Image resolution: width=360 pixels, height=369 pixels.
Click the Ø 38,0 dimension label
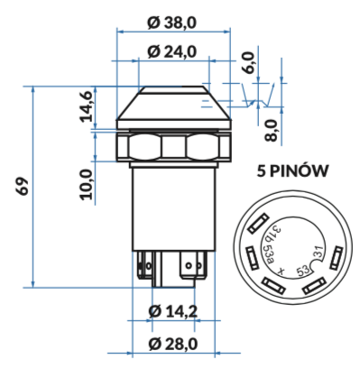(x=171, y=23)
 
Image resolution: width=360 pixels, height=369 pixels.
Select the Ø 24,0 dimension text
(x=171, y=51)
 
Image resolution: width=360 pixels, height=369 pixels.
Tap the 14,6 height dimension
(x=87, y=106)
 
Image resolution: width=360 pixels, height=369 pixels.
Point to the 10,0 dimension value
(x=86, y=184)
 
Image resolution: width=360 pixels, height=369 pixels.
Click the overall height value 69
(x=23, y=187)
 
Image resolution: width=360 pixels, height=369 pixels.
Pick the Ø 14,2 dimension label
(x=173, y=311)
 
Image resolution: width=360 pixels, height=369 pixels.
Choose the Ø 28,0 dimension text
(x=173, y=344)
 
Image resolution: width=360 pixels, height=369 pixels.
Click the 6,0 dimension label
(x=248, y=62)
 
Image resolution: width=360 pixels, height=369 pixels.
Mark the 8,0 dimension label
(x=271, y=130)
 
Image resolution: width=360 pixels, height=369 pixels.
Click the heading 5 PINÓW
(x=292, y=171)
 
